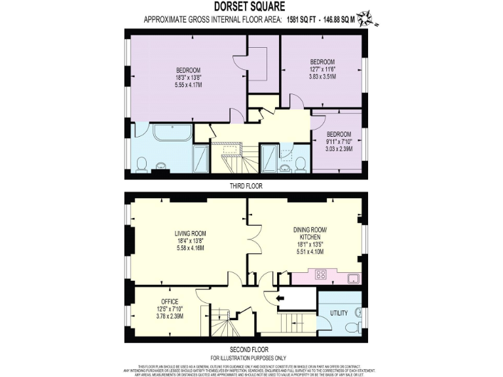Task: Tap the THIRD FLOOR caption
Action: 246,186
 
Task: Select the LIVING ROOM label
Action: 190,234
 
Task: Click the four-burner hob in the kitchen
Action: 322,275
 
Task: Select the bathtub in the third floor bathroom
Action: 172,134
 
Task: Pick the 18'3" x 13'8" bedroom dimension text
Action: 188,77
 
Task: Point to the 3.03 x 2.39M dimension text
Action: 340,149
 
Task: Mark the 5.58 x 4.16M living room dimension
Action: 190,249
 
